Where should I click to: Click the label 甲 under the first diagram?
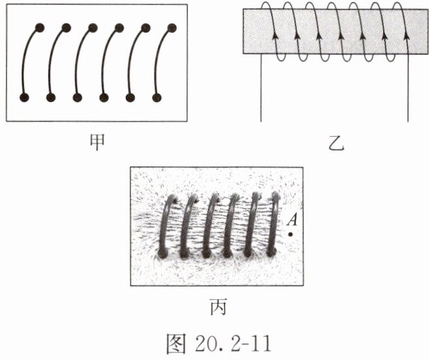pos(96,141)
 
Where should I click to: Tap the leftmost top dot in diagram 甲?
pos(39,27)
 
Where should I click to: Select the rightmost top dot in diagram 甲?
pos(172,27)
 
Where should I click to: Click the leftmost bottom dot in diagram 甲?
pos(25,98)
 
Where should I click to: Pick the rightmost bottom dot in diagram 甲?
pos(157,98)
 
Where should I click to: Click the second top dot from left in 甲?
pos(66,27)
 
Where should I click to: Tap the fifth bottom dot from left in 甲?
pos(130,98)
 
